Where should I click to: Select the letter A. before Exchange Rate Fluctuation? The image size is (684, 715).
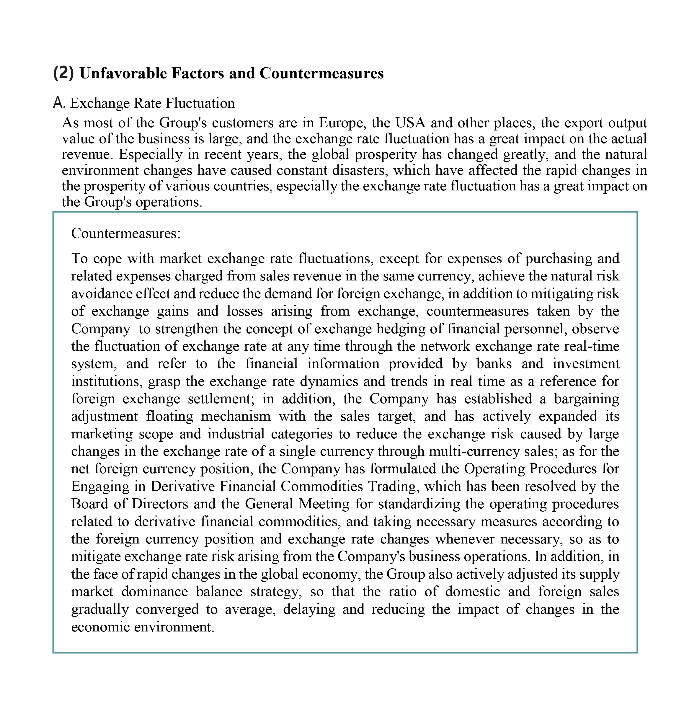59,103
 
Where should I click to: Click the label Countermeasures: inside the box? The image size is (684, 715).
126,233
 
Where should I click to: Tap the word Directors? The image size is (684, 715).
160,504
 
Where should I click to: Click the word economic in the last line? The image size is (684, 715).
99,626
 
